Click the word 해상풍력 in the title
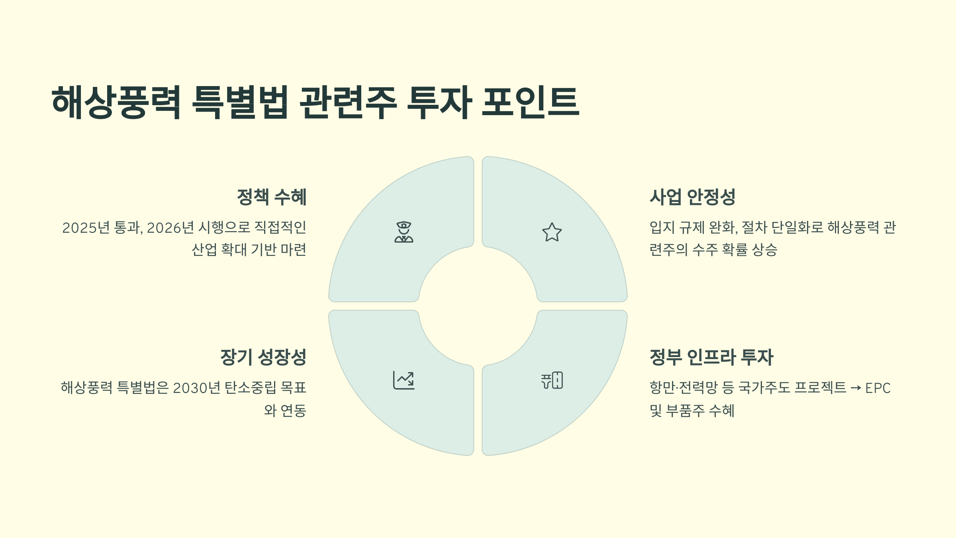116,102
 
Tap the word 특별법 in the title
240,102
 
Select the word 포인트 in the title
530,102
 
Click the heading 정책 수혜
272,197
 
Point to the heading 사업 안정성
692,197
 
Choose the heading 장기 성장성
263,357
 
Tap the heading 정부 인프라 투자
711,357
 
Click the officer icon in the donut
404,232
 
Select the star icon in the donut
552,232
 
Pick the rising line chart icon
404,380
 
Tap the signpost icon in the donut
552,380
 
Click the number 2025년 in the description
86,228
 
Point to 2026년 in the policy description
170,228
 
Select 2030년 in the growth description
196,388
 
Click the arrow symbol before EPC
856,388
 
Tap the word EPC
878,388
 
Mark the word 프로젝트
820,388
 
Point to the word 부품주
685,411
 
